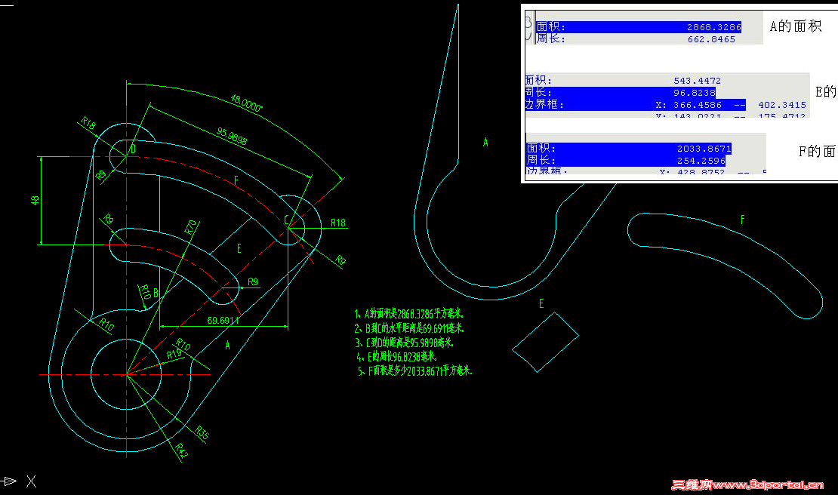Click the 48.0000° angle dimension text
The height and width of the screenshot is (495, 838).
click(x=246, y=103)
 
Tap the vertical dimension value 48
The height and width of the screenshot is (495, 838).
click(x=34, y=200)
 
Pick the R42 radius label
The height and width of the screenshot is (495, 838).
click(x=182, y=450)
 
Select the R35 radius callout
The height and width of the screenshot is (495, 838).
click(x=202, y=433)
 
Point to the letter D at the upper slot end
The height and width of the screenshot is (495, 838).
click(x=133, y=149)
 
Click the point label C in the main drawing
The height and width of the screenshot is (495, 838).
click(x=287, y=220)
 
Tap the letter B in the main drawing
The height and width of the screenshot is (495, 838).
click(x=156, y=292)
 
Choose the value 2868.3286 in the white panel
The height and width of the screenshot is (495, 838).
click(x=713, y=27)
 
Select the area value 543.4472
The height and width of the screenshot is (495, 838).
click(x=697, y=81)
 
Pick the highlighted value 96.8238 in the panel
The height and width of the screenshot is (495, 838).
click(x=695, y=93)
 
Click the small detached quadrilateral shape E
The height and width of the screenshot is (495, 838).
click(x=545, y=343)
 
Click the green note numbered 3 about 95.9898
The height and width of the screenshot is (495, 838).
click(x=405, y=342)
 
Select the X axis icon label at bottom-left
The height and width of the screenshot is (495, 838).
click(x=31, y=481)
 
